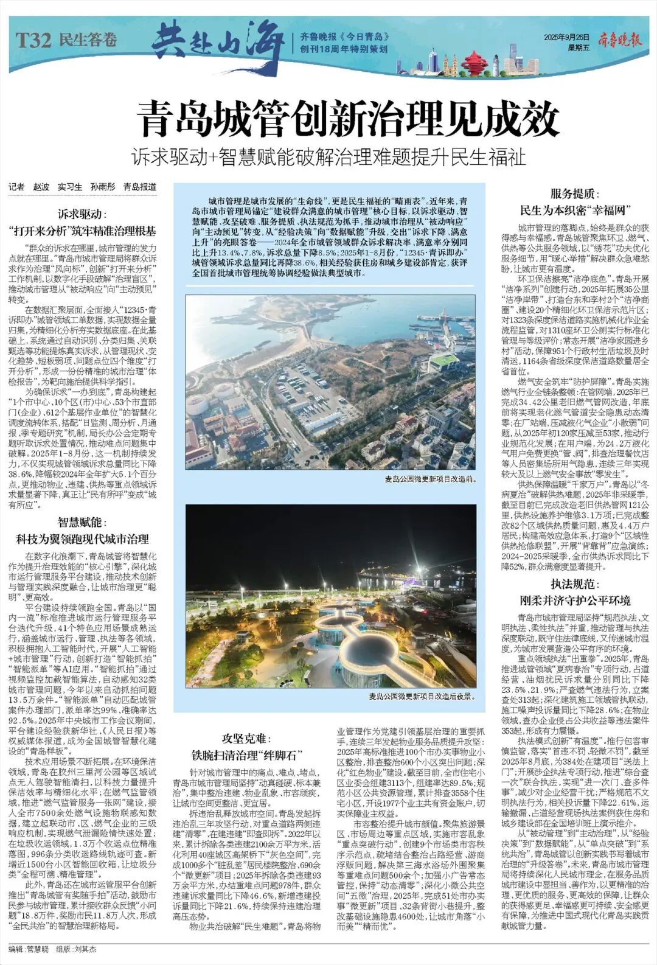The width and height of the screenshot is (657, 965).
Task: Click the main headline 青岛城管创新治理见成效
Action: click(x=347, y=119)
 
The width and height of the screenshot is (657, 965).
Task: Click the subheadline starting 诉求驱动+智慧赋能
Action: click(x=329, y=158)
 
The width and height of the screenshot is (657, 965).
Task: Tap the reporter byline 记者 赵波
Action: click(x=30, y=187)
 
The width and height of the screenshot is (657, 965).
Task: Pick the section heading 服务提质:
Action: click(x=572, y=194)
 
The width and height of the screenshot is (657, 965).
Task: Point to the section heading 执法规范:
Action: click(x=572, y=585)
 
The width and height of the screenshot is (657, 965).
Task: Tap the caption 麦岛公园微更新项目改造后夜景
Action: click(x=421, y=695)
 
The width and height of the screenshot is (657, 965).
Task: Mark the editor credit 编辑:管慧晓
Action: click(x=30, y=949)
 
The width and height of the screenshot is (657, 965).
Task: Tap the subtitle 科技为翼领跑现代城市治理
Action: click(x=83, y=539)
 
